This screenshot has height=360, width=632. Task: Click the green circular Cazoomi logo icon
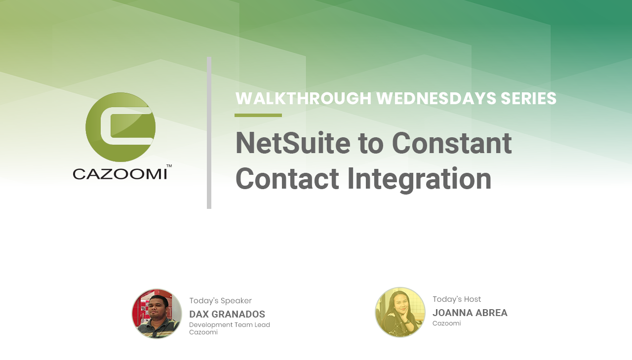(x=120, y=127)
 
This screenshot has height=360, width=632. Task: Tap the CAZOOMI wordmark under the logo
(x=120, y=174)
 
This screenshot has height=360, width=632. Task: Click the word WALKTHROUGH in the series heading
(x=303, y=98)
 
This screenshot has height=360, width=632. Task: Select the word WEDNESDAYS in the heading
(x=436, y=98)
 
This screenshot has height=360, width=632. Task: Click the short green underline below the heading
(x=258, y=116)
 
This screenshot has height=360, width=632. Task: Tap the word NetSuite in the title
(x=293, y=143)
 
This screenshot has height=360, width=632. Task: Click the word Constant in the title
(x=452, y=143)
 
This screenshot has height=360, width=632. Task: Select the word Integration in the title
(x=419, y=179)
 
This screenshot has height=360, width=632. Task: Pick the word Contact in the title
(x=287, y=179)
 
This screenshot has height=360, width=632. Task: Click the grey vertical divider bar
(x=209, y=133)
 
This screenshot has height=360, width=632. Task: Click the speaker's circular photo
(x=157, y=314)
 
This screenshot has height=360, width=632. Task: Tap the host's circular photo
(x=400, y=312)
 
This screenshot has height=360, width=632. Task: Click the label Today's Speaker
(x=220, y=301)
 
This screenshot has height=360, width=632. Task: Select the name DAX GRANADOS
(x=227, y=314)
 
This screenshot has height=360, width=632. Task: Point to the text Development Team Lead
(x=230, y=325)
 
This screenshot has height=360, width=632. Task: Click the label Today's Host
(x=457, y=299)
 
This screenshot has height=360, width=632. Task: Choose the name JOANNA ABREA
(x=470, y=313)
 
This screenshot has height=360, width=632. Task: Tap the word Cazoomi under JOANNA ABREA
(x=447, y=323)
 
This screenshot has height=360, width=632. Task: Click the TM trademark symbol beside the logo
(x=169, y=166)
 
